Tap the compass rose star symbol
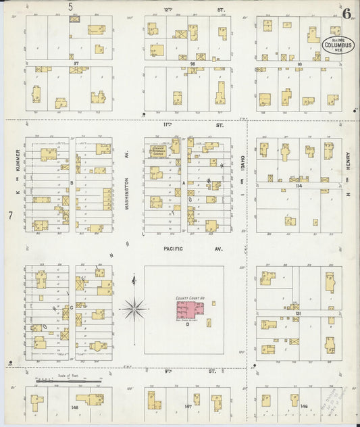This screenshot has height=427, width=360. pyautogui.click(x=134, y=309)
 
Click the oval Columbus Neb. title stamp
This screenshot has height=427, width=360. pyautogui.click(x=337, y=46)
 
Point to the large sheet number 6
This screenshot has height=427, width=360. pyautogui.click(x=346, y=13)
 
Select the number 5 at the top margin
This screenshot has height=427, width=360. pyautogui.click(x=70, y=7)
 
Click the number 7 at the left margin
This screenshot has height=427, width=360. pyautogui.click(x=11, y=216)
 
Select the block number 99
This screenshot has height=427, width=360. pyautogui.click(x=299, y=64)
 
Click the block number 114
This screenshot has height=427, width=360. pyautogui.click(x=298, y=184)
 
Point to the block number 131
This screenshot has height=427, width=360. pyautogui.click(x=297, y=314)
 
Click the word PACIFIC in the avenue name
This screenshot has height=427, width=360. pyautogui.click(x=172, y=249)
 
